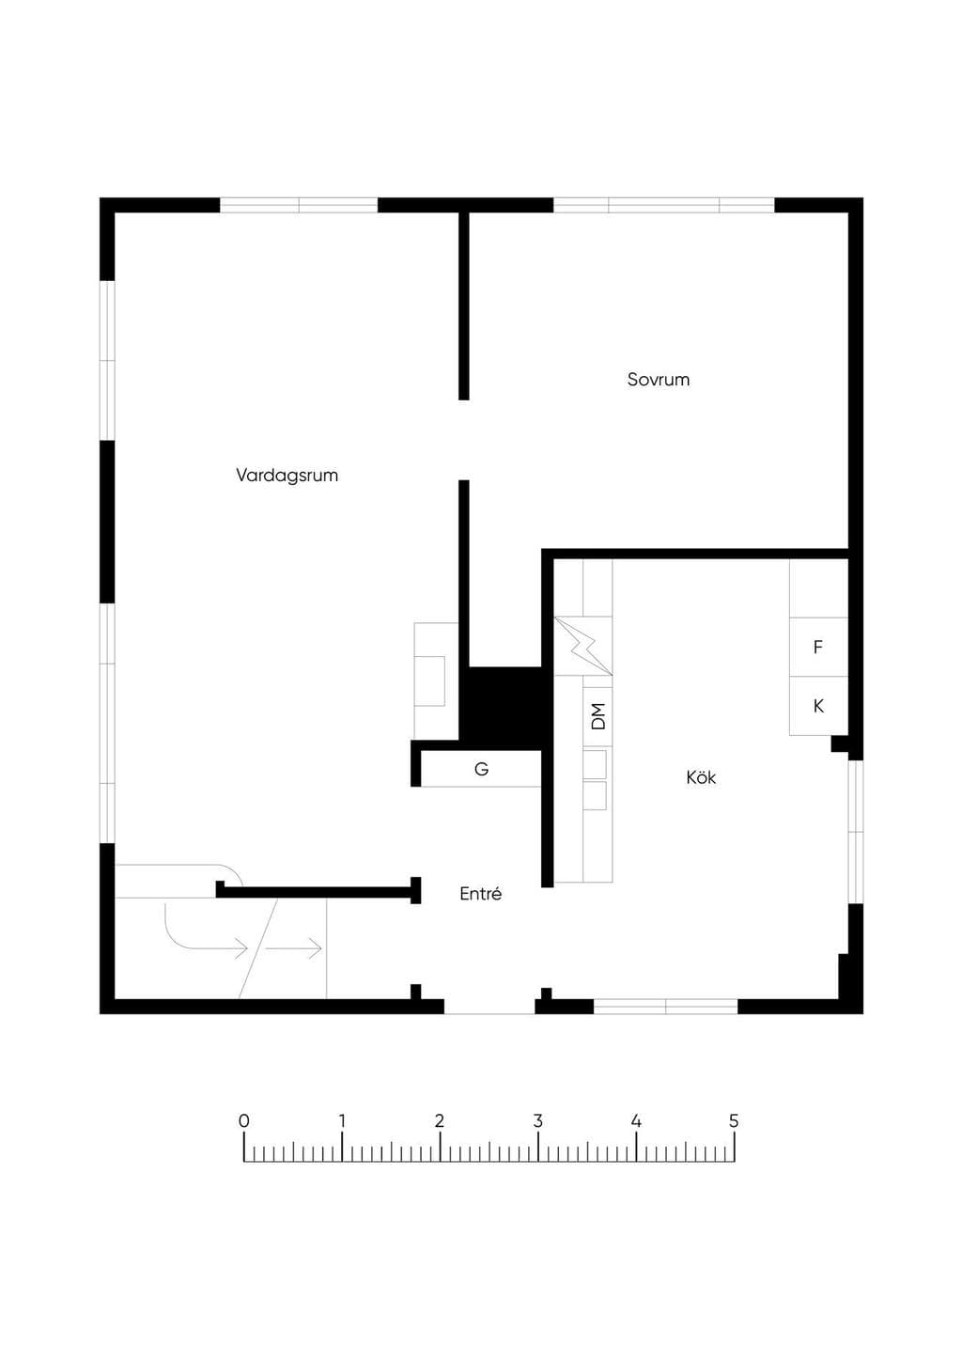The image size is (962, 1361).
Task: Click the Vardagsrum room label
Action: pos(287,476)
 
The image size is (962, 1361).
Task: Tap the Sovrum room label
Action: pos(659,380)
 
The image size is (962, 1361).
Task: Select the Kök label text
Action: pos(701,777)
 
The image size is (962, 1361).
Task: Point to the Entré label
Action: pos(480,894)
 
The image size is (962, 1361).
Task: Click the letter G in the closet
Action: pos(481,769)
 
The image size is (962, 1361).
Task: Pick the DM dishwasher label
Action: pos(598,716)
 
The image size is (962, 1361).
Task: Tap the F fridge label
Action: pos(817,647)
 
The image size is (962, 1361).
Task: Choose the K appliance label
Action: pos(818,706)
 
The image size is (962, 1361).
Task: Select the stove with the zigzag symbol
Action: pos(583,646)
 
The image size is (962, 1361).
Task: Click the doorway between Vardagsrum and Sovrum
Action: pos(463,440)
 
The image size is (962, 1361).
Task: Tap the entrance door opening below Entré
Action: pos(489,1006)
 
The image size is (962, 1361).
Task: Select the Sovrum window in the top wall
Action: pos(664,205)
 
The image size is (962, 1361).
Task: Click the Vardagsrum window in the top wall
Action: pos(299,205)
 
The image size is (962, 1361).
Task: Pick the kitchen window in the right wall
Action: pos(856,832)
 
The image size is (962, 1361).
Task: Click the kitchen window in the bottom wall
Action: pos(666,1006)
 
